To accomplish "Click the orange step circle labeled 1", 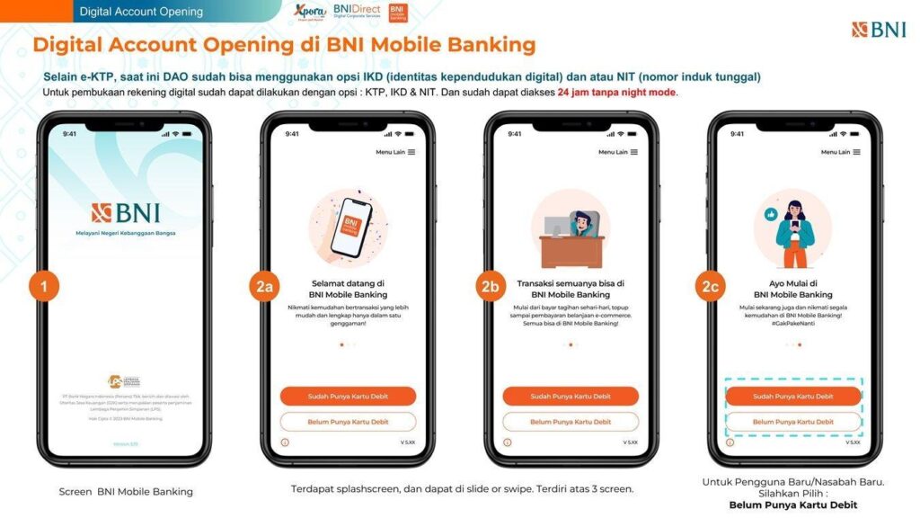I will tap(43, 287).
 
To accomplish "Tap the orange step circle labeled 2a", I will tap(263, 287).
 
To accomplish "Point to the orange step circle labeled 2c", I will tap(709, 287).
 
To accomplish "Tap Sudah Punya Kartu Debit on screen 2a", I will tap(348, 396).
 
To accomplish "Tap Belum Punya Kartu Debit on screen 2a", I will tap(348, 422).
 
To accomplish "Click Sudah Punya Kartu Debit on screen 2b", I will tap(571, 396).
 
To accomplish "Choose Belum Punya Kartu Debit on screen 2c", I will tap(793, 422).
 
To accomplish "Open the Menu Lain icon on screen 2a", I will tap(411, 152).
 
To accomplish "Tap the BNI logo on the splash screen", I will tap(126, 213).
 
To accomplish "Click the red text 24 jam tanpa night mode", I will tap(617, 93).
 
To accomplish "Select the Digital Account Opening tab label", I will tap(141, 12).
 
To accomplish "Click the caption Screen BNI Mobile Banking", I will tap(126, 492).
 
